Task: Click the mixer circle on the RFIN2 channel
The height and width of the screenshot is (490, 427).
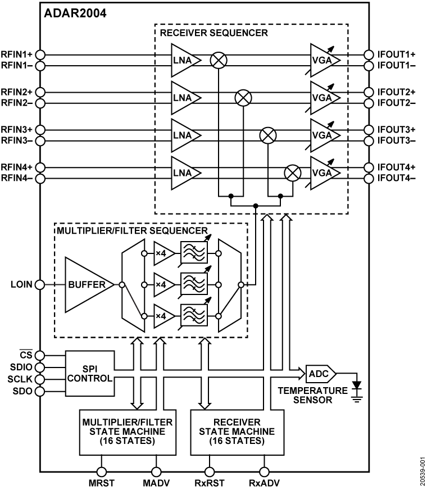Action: (x=243, y=97)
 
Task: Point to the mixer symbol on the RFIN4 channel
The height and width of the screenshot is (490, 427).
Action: (x=292, y=173)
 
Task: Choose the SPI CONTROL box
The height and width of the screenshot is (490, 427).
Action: (x=89, y=374)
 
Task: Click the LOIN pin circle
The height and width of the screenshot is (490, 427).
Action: (x=40, y=285)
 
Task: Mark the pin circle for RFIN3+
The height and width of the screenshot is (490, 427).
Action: (x=40, y=129)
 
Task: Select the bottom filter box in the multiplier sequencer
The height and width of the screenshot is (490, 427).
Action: (x=193, y=316)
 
